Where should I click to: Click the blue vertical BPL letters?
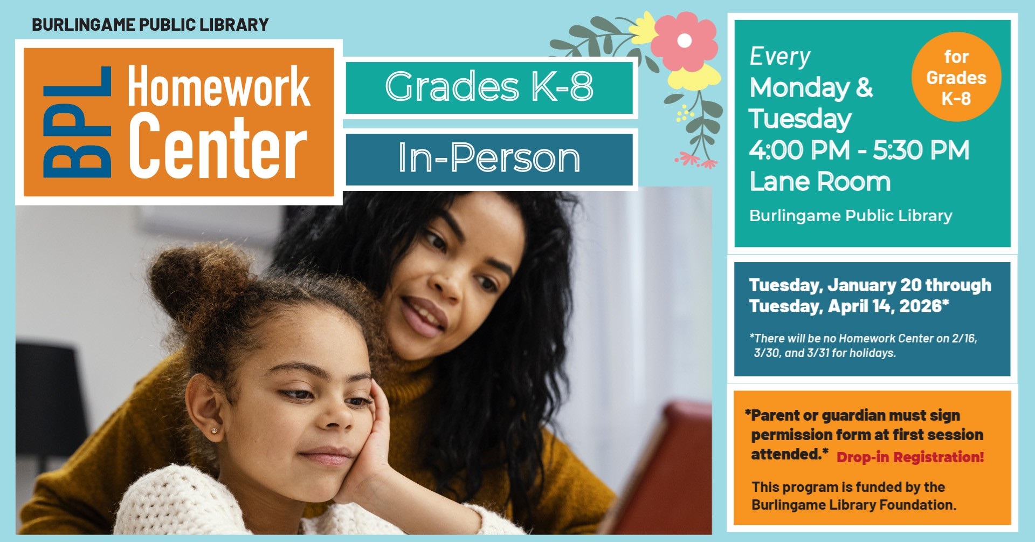tap(77, 122)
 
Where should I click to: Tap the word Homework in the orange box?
tap(218, 86)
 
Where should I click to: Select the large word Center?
tap(218, 146)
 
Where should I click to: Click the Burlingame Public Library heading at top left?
tap(150, 25)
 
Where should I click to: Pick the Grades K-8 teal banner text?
tap(489, 86)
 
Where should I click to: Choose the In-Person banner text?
tap(489, 157)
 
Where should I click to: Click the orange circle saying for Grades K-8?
tap(956, 77)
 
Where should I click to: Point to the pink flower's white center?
tap(685, 40)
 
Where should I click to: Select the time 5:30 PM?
tap(921, 150)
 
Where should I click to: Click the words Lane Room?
tap(820, 182)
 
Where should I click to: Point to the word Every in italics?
tap(780, 57)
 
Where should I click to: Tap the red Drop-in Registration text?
tap(910, 457)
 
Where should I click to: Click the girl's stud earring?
tap(215, 431)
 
